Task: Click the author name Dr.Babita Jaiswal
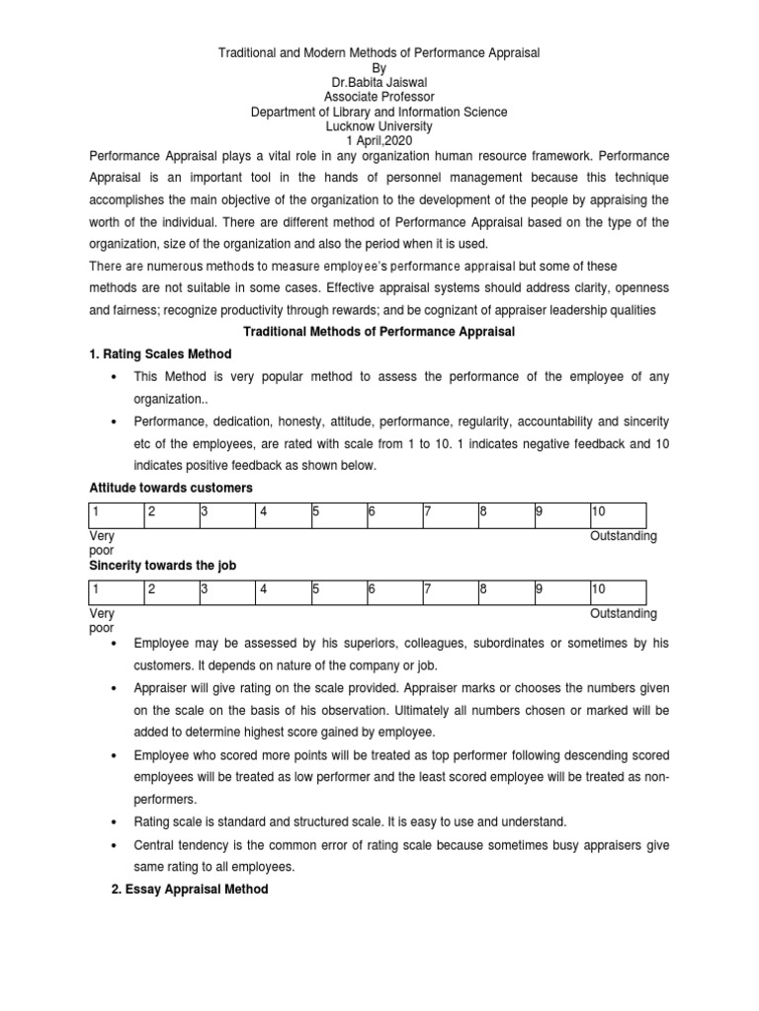[x=379, y=82]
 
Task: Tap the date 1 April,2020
[x=379, y=141]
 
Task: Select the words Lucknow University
[x=379, y=126]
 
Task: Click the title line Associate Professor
[x=379, y=97]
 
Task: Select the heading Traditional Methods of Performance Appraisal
[x=379, y=331]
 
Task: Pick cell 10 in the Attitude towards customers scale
[x=617, y=514]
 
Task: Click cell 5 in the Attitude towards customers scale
[x=336, y=514]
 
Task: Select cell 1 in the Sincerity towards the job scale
[x=115, y=591]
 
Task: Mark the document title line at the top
[x=379, y=51]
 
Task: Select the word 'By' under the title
[x=379, y=67]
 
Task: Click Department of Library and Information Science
[x=379, y=112]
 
